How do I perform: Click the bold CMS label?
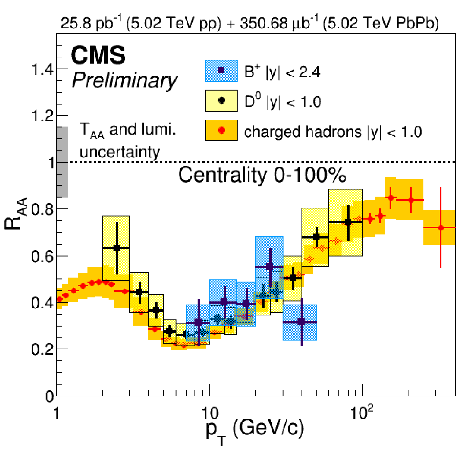[98, 55]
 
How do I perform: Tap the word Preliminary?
[124, 80]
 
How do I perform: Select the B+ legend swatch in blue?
[221, 71]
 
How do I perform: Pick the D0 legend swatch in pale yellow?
[221, 100]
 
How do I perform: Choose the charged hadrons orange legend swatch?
[221, 130]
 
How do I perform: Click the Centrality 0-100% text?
[262, 175]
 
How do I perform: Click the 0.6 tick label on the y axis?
[43, 257]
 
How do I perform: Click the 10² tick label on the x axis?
[362, 412]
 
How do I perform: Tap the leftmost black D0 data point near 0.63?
[117, 248]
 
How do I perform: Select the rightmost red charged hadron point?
[441, 228]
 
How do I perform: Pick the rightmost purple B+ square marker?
[301, 322]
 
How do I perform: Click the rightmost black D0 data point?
[348, 222]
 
